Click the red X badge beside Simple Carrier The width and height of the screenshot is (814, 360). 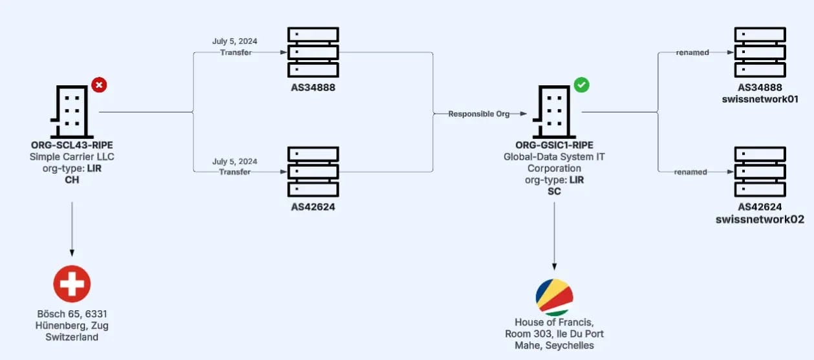99,85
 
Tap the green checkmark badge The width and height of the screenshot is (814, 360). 582,85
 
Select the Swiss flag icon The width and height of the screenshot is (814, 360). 72,283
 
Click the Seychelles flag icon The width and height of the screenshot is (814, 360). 554,297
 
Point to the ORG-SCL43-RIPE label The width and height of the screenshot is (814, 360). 72,145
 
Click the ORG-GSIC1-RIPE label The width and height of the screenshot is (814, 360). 555,145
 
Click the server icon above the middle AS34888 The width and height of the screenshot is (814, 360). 313,52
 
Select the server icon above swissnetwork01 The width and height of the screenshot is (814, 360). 760,52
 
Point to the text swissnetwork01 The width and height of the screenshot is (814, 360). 760,100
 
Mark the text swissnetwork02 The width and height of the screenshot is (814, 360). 760,219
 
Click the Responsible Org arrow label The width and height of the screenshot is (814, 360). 479,114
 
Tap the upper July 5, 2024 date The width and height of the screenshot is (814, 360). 235,41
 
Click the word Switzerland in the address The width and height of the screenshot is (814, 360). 72,337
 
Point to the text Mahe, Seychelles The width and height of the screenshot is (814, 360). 554,345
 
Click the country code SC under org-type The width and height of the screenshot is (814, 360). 554,192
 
